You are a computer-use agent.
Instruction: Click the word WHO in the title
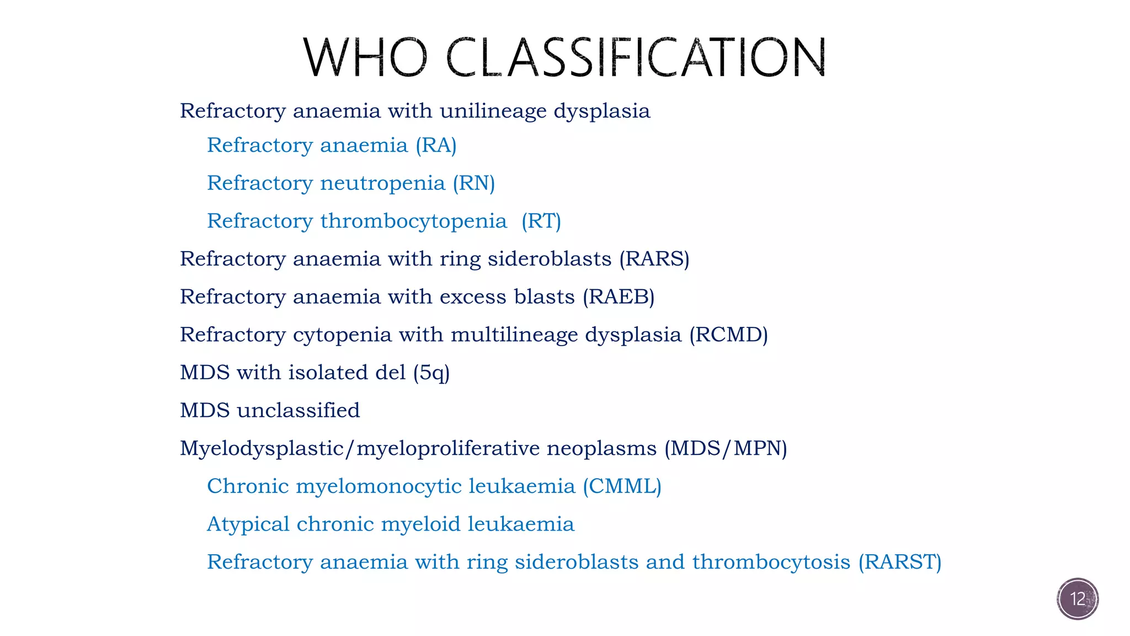(365, 57)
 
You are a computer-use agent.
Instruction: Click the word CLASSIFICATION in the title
(636, 57)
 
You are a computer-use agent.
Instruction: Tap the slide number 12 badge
(1078, 599)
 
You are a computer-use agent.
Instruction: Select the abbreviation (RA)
(436, 146)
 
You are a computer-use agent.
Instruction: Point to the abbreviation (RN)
(473, 183)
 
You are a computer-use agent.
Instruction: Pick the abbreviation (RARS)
(654, 259)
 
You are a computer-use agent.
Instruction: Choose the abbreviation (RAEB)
(619, 297)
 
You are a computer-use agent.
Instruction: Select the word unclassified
(298, 410)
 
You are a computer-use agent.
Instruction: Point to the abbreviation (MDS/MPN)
(726, 448)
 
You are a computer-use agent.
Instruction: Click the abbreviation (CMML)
(622, 486)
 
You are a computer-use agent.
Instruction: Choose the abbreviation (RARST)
(899, 562)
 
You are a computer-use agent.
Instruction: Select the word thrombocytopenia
(413, 221)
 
